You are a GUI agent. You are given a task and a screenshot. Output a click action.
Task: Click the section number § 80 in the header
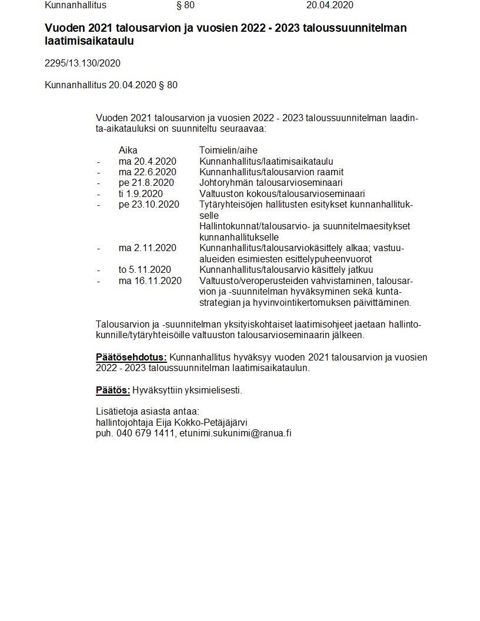(185, 5)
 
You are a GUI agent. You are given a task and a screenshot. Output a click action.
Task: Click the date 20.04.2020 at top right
(329, 5)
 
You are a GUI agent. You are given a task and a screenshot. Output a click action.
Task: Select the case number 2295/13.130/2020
(82, 64)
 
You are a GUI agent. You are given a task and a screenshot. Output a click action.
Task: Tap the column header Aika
(128, 151)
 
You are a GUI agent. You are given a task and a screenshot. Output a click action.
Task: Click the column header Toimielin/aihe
(228, 151)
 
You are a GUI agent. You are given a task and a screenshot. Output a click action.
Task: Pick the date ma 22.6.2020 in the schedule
(147, 172)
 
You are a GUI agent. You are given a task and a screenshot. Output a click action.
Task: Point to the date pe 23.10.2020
(149, 205)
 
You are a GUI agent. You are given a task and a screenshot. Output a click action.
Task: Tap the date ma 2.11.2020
(147, 248)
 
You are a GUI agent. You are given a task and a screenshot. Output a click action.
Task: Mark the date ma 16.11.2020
(149, 281)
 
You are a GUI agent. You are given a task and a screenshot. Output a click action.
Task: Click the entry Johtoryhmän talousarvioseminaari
(271, 183)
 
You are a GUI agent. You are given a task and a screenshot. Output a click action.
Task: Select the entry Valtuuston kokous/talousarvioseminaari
(282, 193)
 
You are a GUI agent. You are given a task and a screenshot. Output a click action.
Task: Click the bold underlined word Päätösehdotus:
(131, 358)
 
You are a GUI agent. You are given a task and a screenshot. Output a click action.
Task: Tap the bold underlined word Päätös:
(112, 390)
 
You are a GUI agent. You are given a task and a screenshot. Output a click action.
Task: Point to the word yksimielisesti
(212, 390)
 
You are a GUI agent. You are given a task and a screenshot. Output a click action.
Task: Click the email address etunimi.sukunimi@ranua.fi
(235, 433)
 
